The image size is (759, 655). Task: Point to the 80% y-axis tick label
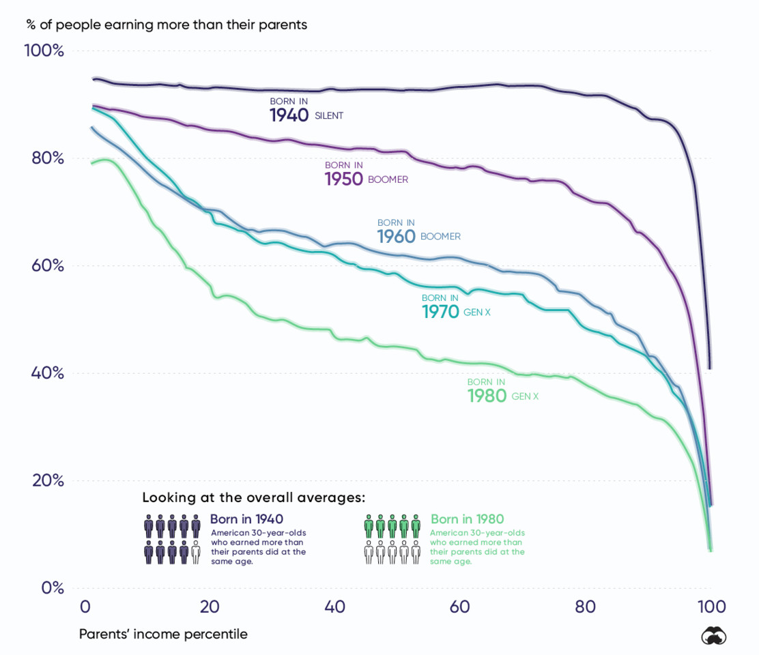pos(47,158)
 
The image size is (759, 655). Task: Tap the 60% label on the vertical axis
pos(47,265)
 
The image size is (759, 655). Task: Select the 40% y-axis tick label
pos(47,373)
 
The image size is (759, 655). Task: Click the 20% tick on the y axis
pos(47,480)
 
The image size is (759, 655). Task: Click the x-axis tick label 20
pos(210,607)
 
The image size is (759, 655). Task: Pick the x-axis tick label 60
pos(460,607)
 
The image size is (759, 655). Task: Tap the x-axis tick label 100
pos(710,607)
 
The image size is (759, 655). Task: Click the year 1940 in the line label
pos(289,115)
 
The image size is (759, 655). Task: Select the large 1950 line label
pos(344,179)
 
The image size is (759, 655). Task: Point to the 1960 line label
pos(397,236)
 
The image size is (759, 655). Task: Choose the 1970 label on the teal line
pos(441,312)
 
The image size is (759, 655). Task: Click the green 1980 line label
pos(487,396)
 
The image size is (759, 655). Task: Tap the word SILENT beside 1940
pos(329,116)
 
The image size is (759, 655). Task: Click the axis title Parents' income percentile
pos(163,635)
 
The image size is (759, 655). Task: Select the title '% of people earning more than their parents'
pos(167,25)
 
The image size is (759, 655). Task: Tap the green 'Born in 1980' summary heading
pos(468,519)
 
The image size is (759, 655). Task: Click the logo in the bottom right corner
pos(714,635)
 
